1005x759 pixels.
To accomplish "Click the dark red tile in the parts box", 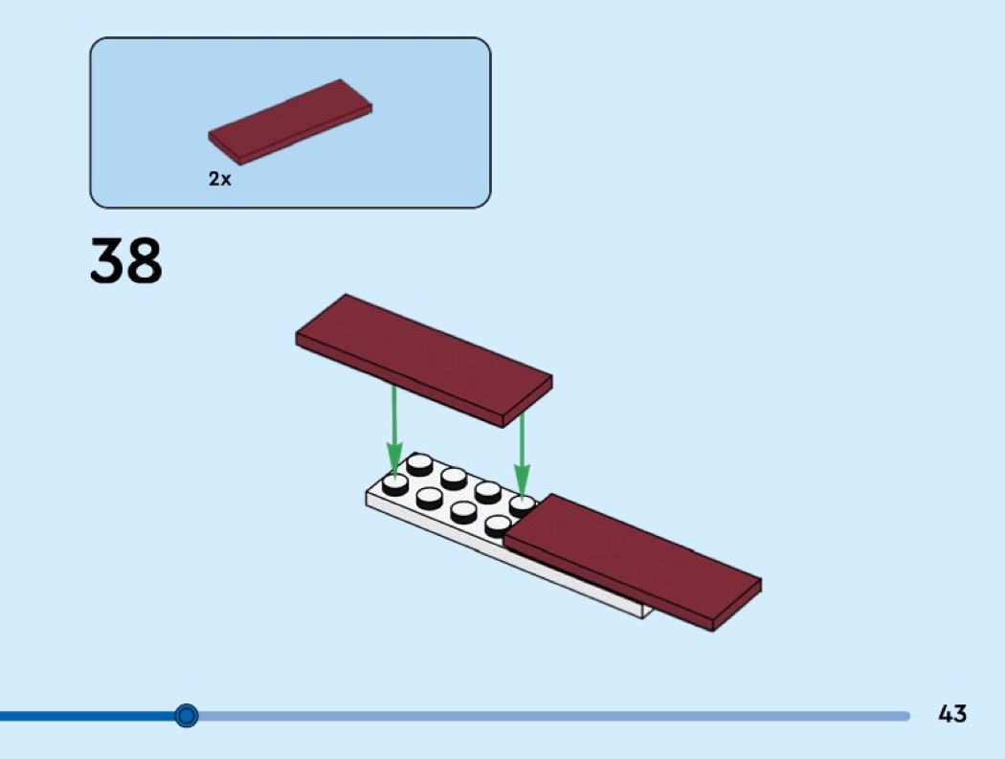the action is point(290,122).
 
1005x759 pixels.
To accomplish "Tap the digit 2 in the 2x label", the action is point(213,179).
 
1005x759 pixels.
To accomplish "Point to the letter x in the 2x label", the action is point(225,181).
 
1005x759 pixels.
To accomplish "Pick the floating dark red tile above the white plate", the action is point(424,359).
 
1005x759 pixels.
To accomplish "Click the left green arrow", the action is point(394,429).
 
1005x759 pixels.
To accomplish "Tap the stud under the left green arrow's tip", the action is point(394,484).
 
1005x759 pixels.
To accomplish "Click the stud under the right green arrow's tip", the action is point(523,505).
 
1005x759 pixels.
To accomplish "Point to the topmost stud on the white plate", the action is point(419,463).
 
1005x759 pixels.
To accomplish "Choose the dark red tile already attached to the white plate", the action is point(633,562).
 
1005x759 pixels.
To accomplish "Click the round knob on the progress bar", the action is point(187,715).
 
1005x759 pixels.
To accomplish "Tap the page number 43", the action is point(951,713).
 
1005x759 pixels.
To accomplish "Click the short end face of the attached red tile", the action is point(736,605).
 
